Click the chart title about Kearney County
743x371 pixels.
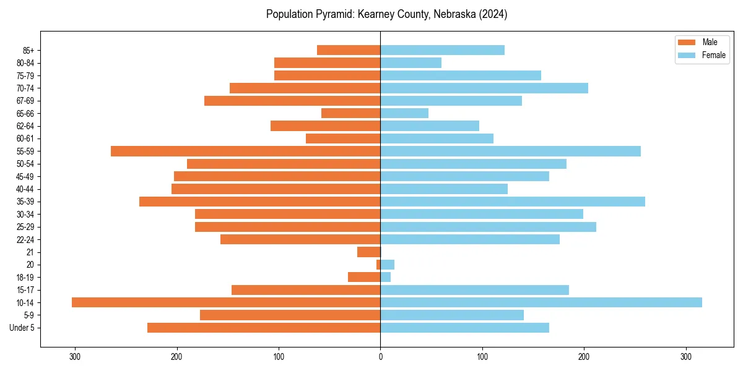click(x=386, y=14)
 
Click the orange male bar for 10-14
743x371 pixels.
click(x=226, y=302)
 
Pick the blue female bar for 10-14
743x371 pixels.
click(x=541, y=302)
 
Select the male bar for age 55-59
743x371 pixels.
click(x=245, y=151)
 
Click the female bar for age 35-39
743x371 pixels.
click(x=513, y=202)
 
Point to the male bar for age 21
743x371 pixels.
click(x=369, y=252)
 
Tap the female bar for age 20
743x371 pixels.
click(x=388, y=265)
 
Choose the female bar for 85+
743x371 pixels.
click(x=442, y=50)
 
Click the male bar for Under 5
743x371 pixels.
click(x=264, y=328)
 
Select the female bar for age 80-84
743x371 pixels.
click(x=411, y=62)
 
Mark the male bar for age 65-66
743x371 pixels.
click(x=350, y=113)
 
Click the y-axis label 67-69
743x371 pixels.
click(x=27, y=101)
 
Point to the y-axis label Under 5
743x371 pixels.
click(x=22, y=328)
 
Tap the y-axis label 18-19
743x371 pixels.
click(x=27, y=277)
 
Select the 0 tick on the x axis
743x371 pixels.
click(x=380, y=357)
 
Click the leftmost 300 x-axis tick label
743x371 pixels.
click(x=75, y=357)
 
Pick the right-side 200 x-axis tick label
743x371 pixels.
click(x=584, y=357)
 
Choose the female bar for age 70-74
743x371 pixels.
click(x=484, y=88)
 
